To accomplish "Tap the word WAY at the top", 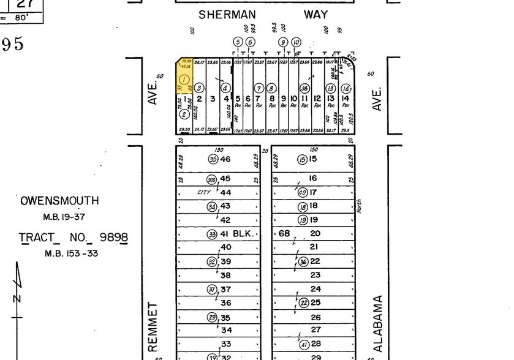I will click(316, 14).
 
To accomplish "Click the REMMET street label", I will click(153, 323).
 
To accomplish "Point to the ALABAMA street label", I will click(377, 323).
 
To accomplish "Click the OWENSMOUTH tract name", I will click(59, 201).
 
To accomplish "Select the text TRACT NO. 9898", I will click(74, 238).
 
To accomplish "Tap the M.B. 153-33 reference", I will click(71, 253).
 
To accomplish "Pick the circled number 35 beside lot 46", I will click(213, 159).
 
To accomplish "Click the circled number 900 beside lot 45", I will click(212, 179).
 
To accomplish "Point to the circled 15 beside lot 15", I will click(302, 159).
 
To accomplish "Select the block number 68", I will click(284, 233).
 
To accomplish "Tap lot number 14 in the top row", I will click(346, 99).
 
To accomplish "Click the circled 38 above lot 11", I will click(304, 88).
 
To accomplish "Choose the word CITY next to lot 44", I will click(204, 192).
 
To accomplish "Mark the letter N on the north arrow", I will click(17, 298).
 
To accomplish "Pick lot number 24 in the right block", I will click(316, 289).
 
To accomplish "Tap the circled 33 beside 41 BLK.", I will click(212, 234).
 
